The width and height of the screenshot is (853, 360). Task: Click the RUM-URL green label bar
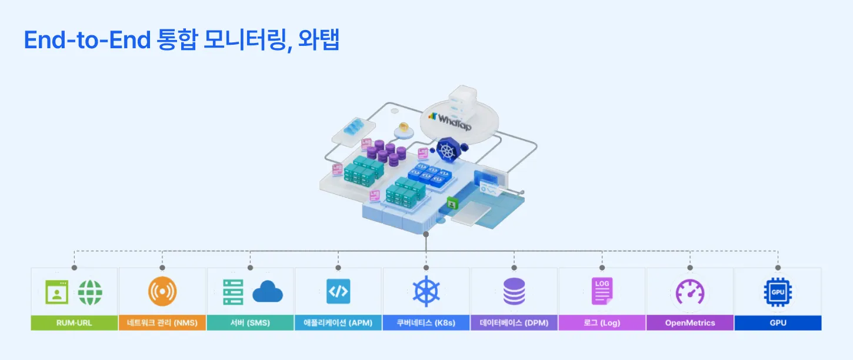point(74,323)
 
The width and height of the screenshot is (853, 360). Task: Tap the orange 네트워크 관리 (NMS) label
point(162,323)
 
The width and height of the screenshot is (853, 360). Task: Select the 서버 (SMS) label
point(250,323)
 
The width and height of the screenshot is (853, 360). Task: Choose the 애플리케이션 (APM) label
point(338,323)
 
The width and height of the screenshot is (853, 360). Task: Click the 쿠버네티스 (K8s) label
point(426,323)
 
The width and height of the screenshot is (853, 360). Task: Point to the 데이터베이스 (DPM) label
point(514,323)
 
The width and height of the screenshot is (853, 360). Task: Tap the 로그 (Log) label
point(602,323)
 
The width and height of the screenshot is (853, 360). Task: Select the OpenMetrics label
point(690,323)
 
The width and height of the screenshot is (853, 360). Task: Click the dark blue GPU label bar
point(778,323)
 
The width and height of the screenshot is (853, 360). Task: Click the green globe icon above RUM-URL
point(90,292)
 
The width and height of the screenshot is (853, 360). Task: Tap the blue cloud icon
point(268,292)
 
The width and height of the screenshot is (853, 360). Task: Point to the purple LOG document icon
point(602,291)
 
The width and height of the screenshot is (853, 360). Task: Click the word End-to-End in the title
point(85,39)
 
